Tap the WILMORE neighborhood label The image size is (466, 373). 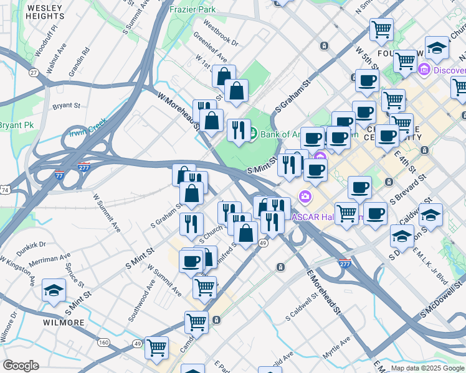point(64,323)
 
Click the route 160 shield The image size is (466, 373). point(104,342)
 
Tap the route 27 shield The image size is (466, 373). point(34,73)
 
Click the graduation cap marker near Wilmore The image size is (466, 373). point(54,290)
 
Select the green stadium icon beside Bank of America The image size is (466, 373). point(253,132)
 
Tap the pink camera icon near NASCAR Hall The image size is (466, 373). point(305,197)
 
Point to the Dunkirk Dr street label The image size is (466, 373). point(32,246)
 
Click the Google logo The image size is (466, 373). point(21,366)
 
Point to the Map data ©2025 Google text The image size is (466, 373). point(427,368)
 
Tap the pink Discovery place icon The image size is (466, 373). point(426,68)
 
